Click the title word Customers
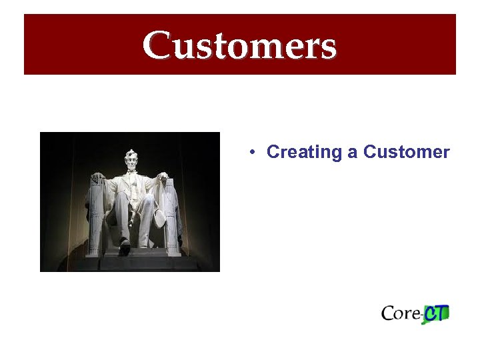click(239, 45)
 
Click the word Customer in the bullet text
click(407, 153)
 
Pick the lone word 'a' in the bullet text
click(352, 153)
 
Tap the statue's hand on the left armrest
click(99, 179)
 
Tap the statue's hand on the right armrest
click(163, 177)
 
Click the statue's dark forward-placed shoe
click(124, 249)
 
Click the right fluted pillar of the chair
click(172, 220)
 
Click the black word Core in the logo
click(401, 313)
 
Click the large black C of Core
click(389, 313)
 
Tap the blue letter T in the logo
click(443, 313)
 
